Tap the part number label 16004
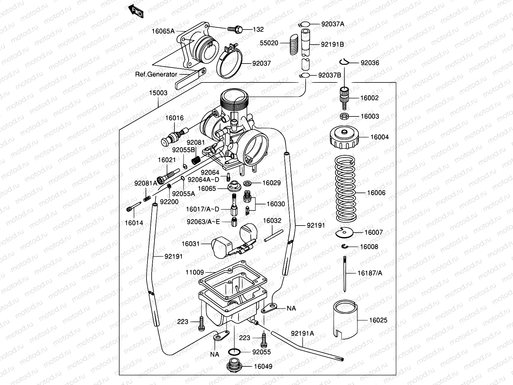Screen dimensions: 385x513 click(379, 137)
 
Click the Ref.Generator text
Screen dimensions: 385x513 click(156, 74)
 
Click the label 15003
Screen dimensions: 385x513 click(158, 93)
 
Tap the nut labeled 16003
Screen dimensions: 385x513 click(345, 116)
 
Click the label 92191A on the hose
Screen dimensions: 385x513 click(302, 333)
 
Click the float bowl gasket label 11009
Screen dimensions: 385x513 click(194, 272)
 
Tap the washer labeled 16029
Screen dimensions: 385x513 click(248, 183)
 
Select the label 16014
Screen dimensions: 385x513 click(134, 223)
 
